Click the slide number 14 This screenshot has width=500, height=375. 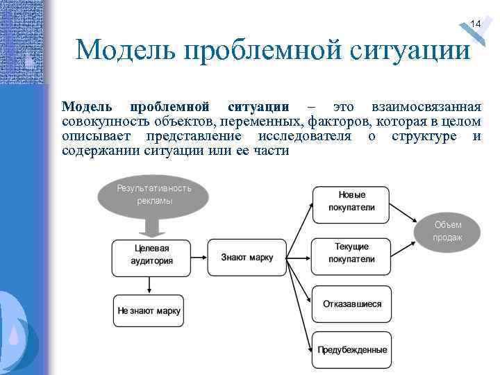coord(475,24)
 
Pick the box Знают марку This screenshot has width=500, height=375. coord(247,258)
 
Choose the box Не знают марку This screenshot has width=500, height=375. coord(149,311)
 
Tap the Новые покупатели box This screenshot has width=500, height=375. coord(351,201)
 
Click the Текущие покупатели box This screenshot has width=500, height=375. coord(351,253)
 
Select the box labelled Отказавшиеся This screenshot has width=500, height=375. coord(351,304)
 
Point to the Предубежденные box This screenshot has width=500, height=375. coord(351,349)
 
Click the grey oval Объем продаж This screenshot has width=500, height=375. coord(447,231)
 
